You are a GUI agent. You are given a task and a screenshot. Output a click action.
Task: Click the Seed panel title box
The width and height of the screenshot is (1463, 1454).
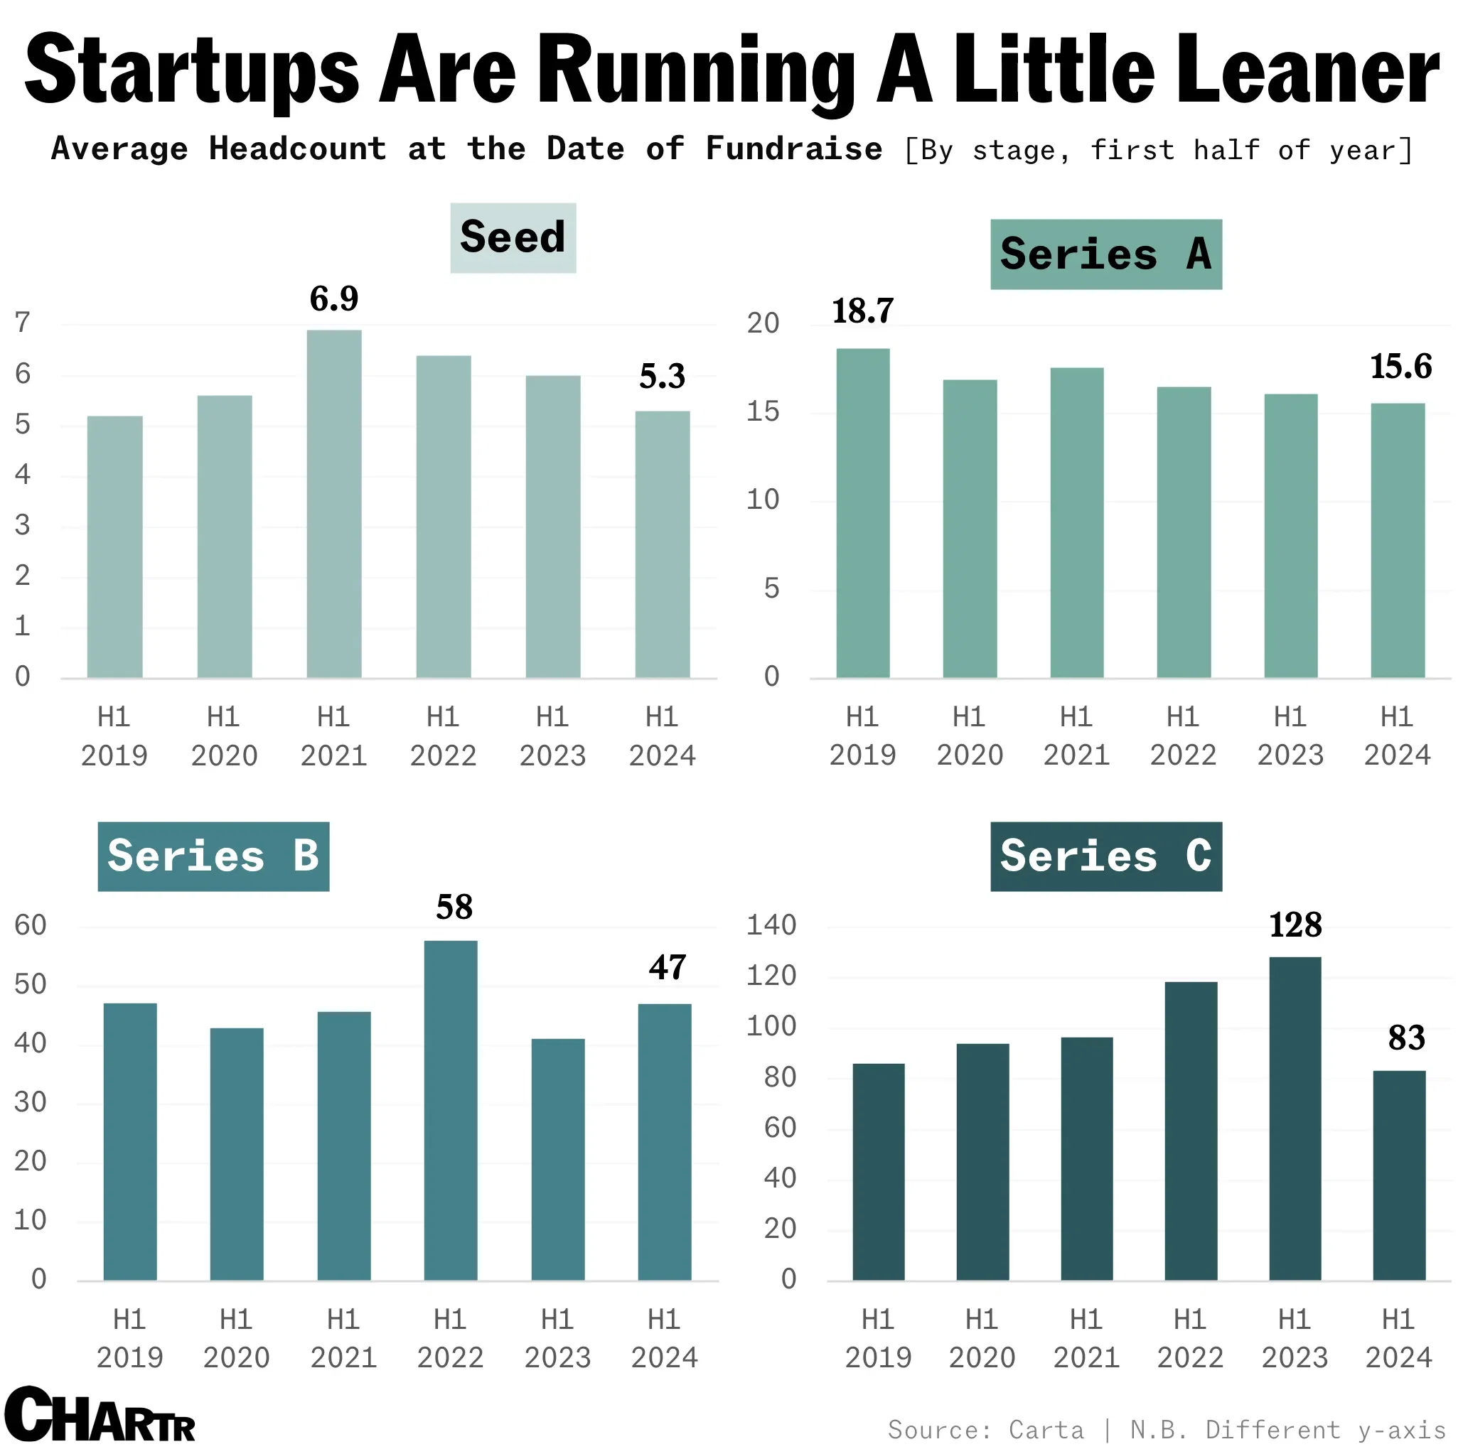(513, 237)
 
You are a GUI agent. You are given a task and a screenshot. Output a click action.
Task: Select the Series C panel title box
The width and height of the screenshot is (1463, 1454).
(1105, 856)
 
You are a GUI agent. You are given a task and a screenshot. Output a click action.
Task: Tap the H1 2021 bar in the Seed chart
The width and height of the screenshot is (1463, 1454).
(334, 503)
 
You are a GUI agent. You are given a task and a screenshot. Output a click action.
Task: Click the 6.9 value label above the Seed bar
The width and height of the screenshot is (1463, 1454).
(334, 299)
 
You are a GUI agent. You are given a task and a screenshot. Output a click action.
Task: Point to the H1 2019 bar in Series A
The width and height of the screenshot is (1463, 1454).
(862, 512)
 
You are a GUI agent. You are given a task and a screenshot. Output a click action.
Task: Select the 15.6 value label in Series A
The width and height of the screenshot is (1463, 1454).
(1400, 367)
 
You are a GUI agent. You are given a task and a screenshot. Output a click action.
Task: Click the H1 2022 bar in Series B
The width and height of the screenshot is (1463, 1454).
(451, 1109)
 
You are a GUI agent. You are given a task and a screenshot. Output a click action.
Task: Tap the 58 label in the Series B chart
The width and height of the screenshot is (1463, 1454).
(454, 907)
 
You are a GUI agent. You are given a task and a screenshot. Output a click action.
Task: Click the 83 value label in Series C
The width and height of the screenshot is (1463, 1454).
(1406, 1038)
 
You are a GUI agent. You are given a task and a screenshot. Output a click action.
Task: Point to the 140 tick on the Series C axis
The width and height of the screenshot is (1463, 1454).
(771, 925)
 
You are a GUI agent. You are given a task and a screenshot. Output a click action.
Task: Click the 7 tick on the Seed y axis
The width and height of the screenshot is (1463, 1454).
(23, 323)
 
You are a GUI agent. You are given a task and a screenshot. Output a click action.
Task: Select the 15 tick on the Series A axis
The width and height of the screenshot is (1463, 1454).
(763, 411)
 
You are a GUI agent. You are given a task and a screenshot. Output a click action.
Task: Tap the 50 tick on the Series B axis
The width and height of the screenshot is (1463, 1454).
(31, 984)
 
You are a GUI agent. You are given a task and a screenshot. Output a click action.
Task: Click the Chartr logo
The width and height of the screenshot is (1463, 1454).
(100, 1416)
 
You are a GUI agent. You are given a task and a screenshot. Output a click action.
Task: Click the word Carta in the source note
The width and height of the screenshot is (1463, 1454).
(1046, 1430)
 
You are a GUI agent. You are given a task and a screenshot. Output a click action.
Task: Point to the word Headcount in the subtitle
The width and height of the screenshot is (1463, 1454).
(298, 149)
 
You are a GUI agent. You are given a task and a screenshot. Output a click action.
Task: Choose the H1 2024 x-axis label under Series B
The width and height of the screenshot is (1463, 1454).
(664, 1338)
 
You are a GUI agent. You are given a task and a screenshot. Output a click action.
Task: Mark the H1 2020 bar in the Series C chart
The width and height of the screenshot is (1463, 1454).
(982, 1161)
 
